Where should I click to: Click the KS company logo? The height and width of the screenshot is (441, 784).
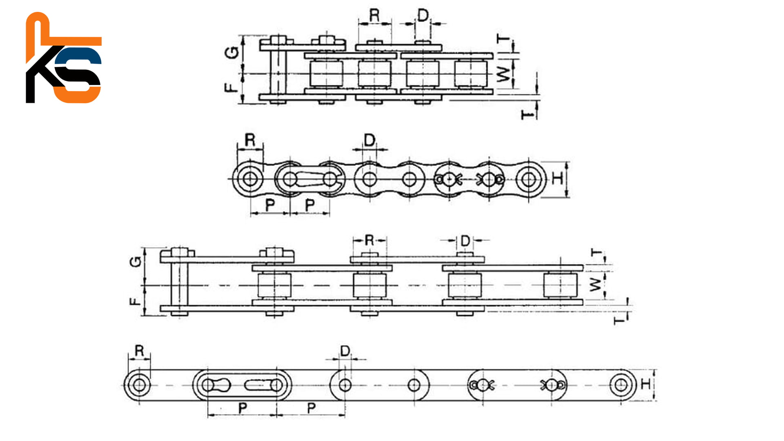point(64,58)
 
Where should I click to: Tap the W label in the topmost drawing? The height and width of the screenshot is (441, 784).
point(504,74)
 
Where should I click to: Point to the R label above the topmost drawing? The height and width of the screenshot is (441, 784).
point(374,16)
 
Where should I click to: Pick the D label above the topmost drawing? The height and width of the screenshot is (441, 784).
point(423,16)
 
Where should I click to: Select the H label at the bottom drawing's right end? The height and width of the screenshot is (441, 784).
point(646,384)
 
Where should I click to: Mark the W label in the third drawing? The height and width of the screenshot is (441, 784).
point(596,284)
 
